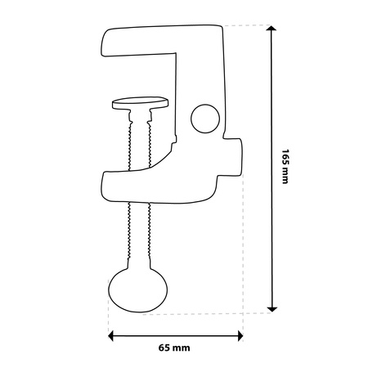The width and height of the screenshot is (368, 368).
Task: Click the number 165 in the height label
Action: (x=285, y=157)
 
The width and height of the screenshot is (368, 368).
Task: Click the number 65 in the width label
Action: (x=166, y=348)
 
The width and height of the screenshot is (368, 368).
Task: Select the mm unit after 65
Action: (x=184, y=348)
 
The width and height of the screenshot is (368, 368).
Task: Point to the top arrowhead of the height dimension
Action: (x=271, y=29)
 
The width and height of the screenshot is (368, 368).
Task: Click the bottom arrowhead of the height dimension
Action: (x=271, y=307)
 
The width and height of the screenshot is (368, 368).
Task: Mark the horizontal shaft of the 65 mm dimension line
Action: (x=175, y=334)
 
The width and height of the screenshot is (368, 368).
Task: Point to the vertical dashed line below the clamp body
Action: (x=243, y=262)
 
